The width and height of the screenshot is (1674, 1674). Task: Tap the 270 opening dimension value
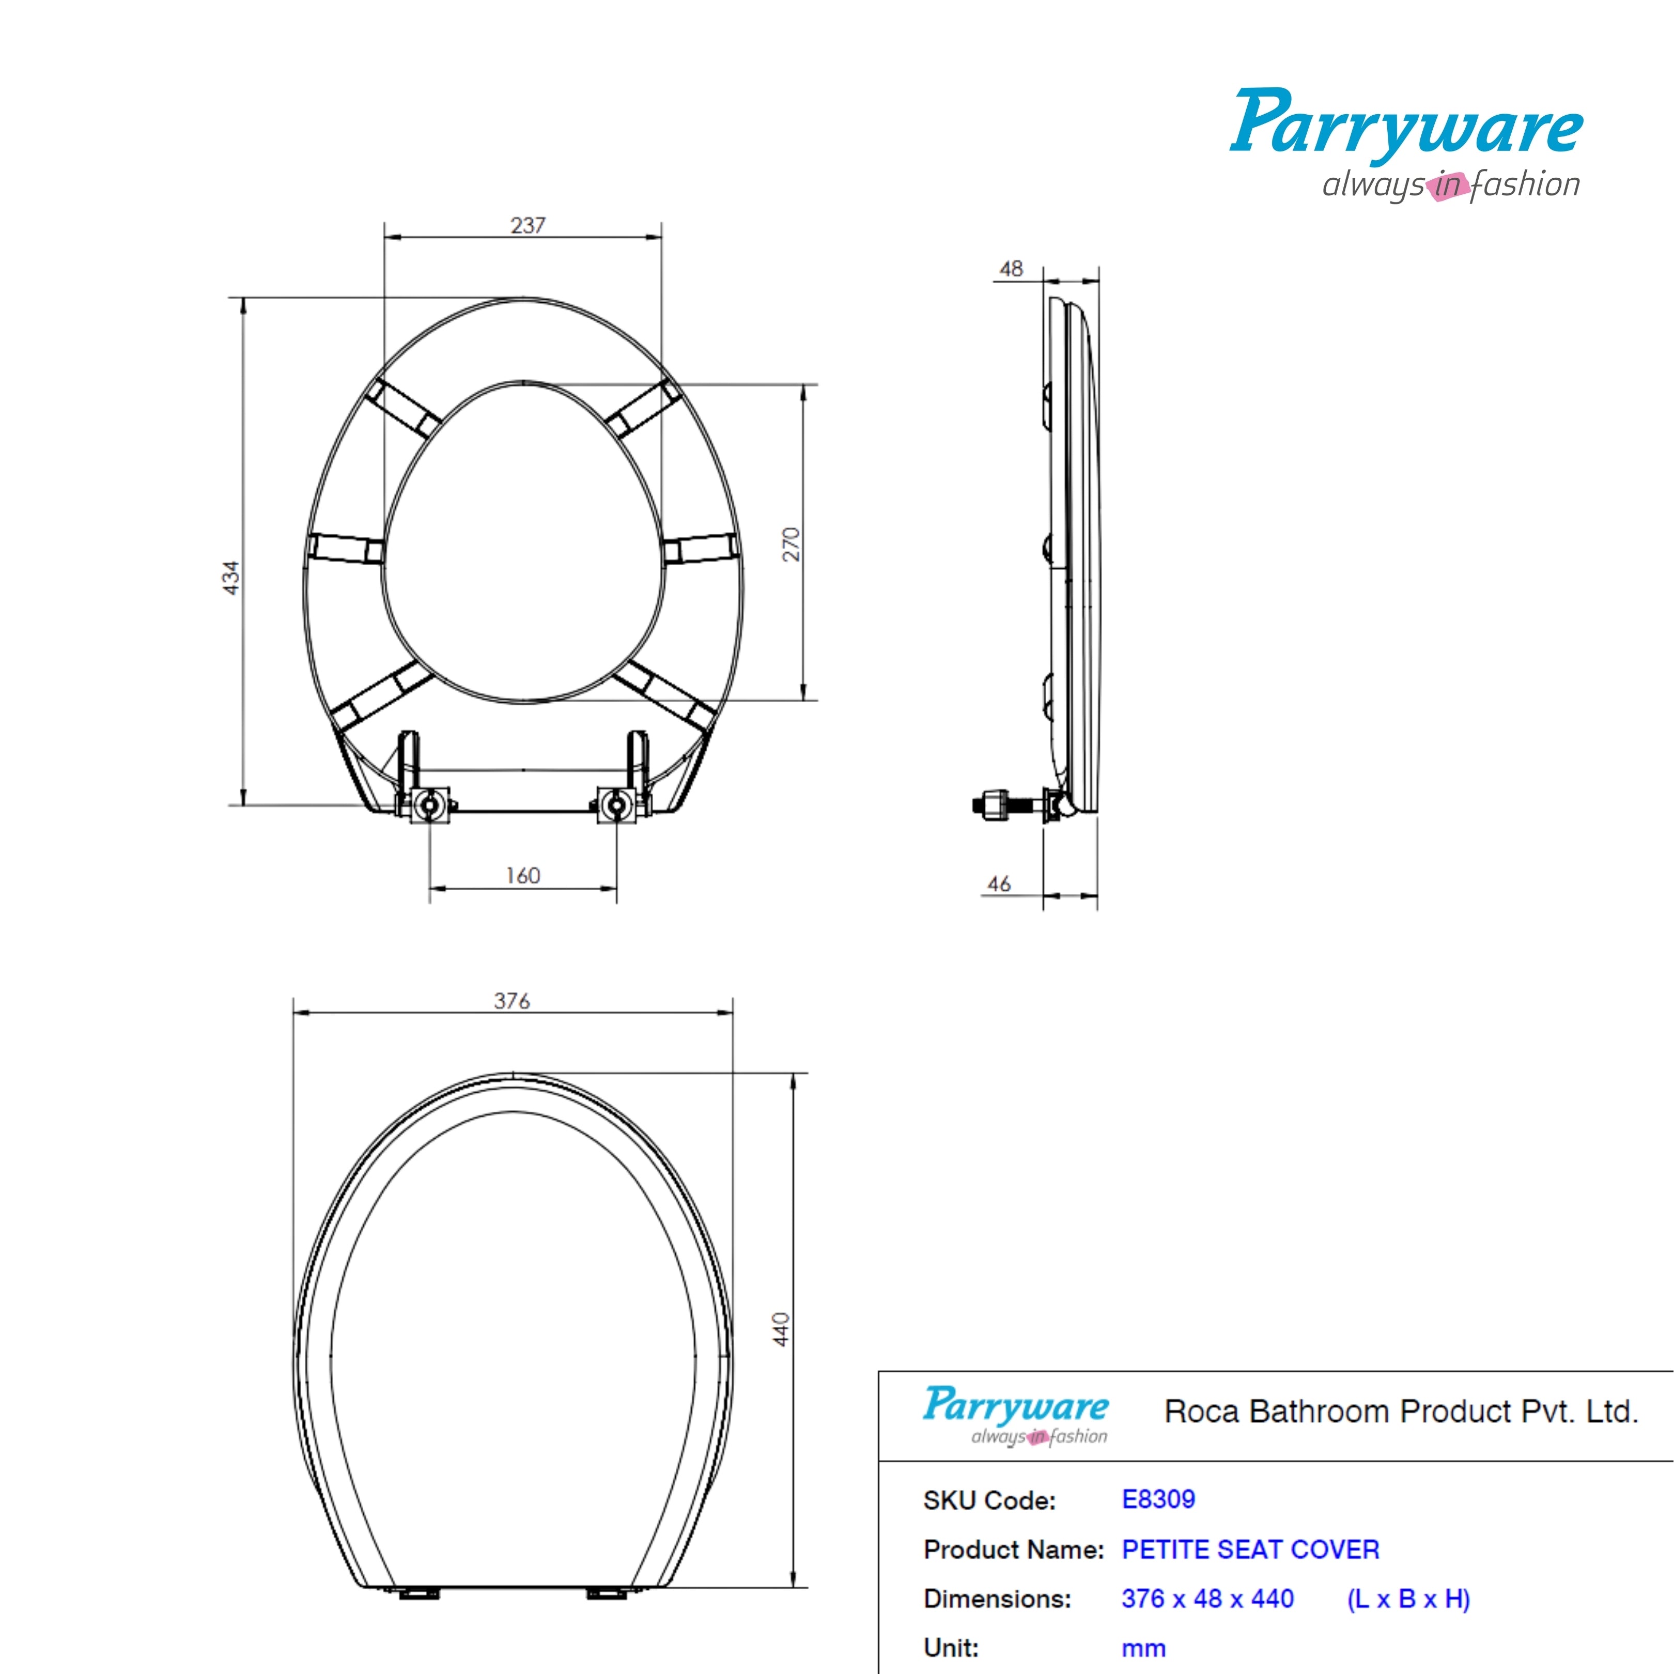point(791,544)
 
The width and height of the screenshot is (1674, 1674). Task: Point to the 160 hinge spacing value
point(523,876)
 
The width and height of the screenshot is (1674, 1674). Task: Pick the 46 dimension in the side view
point(999,884)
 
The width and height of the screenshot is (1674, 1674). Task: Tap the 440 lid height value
point(782,1329)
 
